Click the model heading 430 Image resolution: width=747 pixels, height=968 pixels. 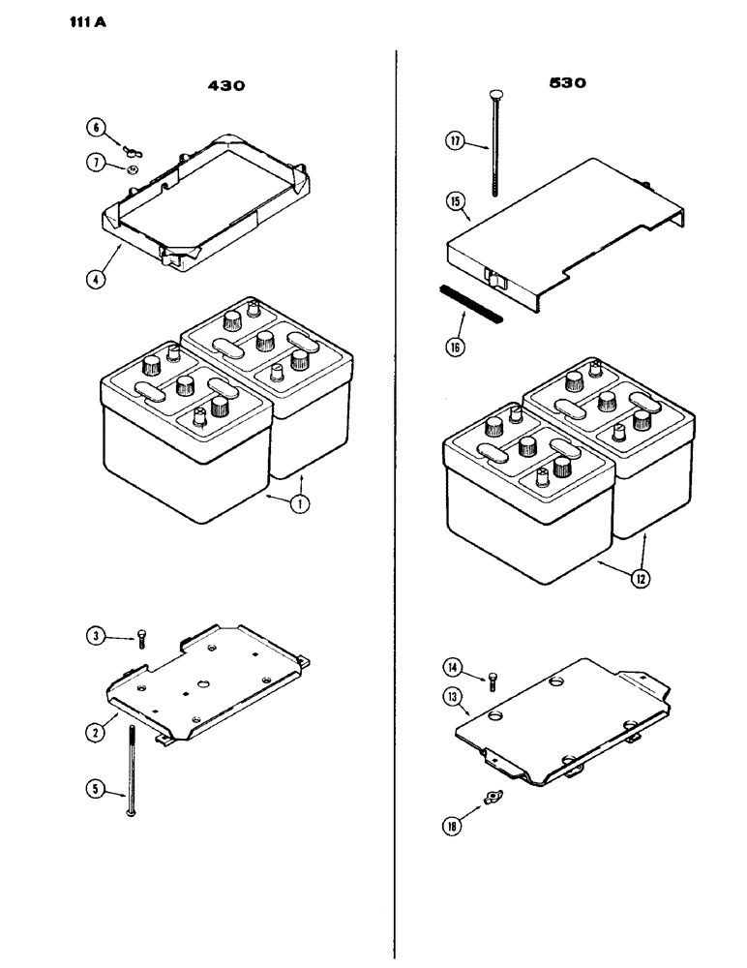tap(226, 85)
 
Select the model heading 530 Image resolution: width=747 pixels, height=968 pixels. tap(567, 84)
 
